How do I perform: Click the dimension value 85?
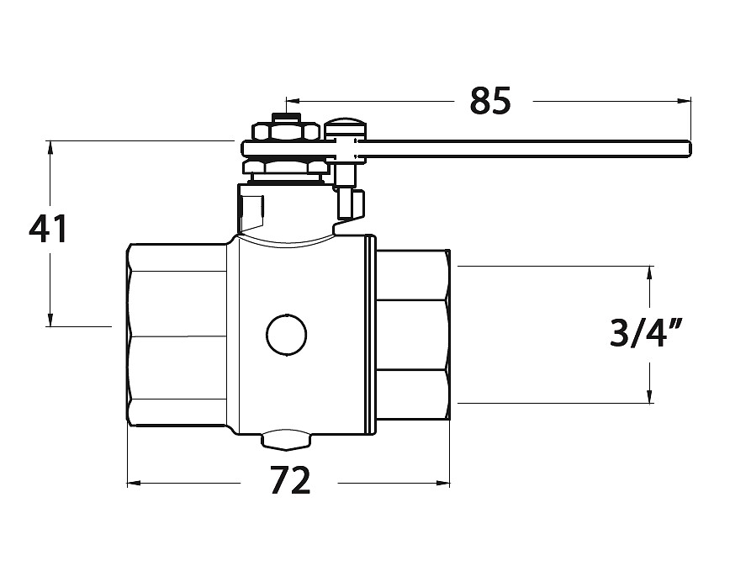[490, 101]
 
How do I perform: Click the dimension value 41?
[48, 229]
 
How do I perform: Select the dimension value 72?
[290, 480]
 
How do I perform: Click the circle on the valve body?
[287, 336]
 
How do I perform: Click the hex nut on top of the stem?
[287, 132]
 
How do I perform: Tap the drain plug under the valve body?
[285, 440]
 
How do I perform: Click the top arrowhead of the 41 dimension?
[50, 148]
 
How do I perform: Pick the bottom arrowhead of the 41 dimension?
[50, 320]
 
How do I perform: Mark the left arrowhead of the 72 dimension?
[134, 483]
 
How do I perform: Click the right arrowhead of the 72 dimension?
[443, 483]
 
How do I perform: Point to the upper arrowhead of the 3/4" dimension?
[650, 273]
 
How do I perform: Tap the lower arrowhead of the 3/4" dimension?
[650, 395]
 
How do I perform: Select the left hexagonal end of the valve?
[177, 335]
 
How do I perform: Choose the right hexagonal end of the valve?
[413, 336]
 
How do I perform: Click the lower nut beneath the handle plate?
[285, 167]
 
